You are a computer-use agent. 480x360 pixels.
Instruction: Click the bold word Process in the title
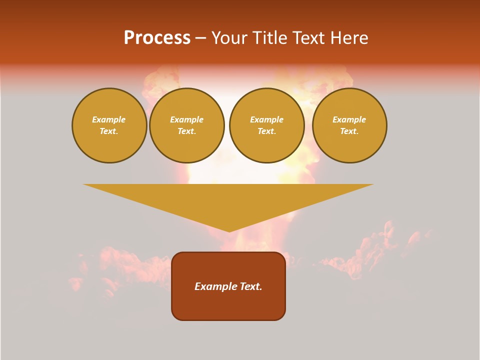157,38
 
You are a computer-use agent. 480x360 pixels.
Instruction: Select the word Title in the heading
272,38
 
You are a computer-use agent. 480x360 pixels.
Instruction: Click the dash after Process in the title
200,39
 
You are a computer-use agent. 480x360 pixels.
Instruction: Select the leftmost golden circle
109,125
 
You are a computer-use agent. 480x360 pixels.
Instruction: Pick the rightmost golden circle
349,125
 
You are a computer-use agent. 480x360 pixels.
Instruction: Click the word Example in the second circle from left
186,119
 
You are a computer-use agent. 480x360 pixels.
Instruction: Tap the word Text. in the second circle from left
186,131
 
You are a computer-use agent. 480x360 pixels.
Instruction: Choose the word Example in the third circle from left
266,119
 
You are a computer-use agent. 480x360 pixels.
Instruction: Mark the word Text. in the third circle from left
266,131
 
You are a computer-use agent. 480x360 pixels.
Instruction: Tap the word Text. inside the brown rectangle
250,286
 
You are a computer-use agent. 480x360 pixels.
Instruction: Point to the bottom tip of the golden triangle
229,231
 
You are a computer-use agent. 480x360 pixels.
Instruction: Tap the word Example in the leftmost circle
109,119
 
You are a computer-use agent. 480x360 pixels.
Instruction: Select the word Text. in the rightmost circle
349,131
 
